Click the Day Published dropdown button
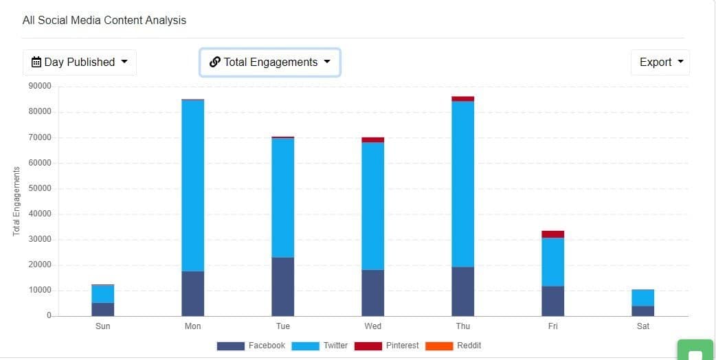point(79,63)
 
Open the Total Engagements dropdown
point(269,63)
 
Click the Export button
point(660,63)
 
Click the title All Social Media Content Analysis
point(104,20)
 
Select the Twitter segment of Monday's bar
point(192,185)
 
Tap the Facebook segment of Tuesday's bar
point(282,286)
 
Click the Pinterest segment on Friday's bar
point(552,234)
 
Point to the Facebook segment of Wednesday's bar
point(372,293)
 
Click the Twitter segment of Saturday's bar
point(642,297)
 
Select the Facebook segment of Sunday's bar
point(102,309)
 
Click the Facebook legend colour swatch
point(230,346)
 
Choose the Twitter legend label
point(335,346)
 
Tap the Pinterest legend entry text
point(402,346)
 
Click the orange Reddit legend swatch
point(439,346)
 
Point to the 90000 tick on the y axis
point(40,87)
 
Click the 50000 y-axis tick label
point(40,188)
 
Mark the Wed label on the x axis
point(372,326)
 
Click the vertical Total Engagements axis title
point(16,201)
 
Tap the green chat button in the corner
point(695,352)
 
